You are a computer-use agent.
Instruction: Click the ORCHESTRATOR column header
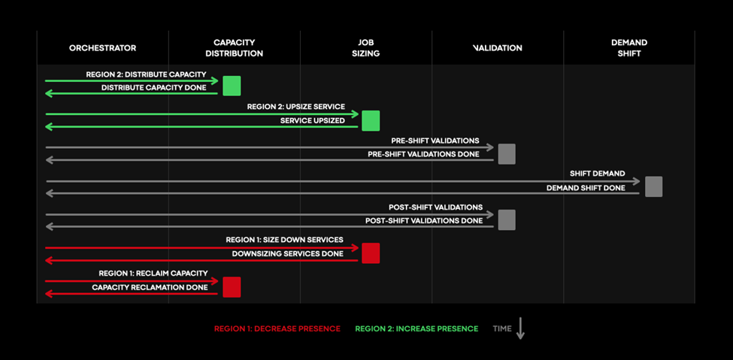coord(103,48)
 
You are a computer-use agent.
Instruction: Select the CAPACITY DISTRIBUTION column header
coord(235,48)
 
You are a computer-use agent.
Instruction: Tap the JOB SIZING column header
coord(366,48)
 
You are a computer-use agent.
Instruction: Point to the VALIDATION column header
coord(498,48)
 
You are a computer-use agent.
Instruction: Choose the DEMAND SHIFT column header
coord(629,48)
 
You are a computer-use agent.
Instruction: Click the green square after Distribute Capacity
coord(232,86)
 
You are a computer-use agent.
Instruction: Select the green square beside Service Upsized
coord(371,120)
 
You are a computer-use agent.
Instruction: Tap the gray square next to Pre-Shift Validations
coord(507,154)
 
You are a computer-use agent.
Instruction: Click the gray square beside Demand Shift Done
coord(653,186)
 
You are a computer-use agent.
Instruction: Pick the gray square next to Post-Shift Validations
coord(507,219)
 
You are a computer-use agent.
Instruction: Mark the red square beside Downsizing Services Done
coord(371,253)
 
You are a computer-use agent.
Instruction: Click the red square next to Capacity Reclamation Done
coord(232,287)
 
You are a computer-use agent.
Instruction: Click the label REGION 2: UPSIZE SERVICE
coord(296,107)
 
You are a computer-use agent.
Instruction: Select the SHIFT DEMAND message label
coord(598,174)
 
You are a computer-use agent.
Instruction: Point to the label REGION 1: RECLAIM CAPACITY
coord(153,273)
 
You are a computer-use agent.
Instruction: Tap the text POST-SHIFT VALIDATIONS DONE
coord(424,221)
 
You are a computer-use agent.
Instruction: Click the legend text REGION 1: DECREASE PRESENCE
coord(277,328)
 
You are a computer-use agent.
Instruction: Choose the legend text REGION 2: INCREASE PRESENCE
coord(416,328)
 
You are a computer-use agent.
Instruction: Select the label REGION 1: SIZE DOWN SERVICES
coord(285,240)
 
